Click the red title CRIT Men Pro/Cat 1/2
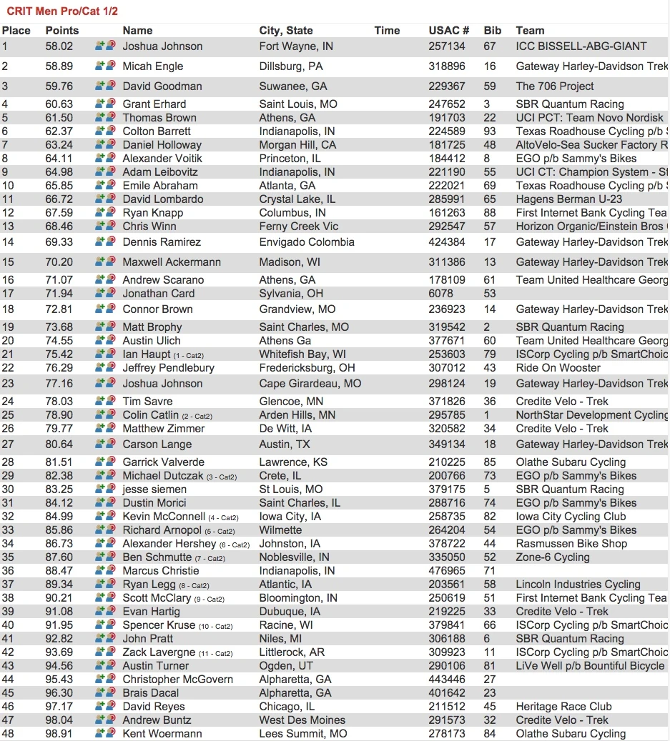[x=62, y=11]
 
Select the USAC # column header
[x=448, y=31]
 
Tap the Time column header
[x=387, y=31]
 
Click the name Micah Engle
[x=152, y=66]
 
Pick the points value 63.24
[x=59, y=145]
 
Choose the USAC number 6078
[x=440, y=294]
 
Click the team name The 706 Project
[x=555, y=86]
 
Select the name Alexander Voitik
[x=162, y=159]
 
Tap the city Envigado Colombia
[x=307, y=242]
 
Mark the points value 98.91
[x=59, y=734]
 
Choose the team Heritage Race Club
[x=563, y=707]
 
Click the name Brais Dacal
[x=151, y=693]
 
